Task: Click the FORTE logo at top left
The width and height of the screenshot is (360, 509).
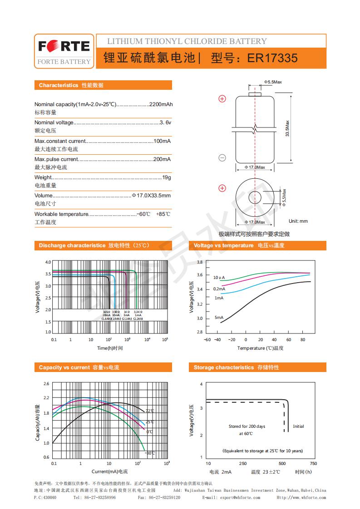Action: coord(64,47)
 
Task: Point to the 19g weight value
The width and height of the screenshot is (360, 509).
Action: coord(167,177)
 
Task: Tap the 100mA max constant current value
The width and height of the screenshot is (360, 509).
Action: coord(162,141)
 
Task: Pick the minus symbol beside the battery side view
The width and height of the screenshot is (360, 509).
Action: coord(222,158)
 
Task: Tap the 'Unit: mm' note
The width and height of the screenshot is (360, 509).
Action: coord(298,221)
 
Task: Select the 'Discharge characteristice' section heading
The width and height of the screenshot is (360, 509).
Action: coord(72,245)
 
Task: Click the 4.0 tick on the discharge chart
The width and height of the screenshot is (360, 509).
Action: coord(48,262)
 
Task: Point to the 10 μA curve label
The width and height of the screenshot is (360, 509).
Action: coord(219,277)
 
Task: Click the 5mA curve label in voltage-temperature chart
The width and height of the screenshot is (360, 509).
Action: coord(219,317)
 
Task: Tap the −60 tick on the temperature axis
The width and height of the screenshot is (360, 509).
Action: coord(207,339)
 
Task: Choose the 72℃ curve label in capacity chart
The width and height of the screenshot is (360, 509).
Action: coord(150,411)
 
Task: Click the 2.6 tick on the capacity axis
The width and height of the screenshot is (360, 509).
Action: coord(46,384)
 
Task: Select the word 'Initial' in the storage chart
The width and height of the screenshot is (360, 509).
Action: coord(298,426)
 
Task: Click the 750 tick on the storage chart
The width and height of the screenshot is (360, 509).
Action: coord(313,463)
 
